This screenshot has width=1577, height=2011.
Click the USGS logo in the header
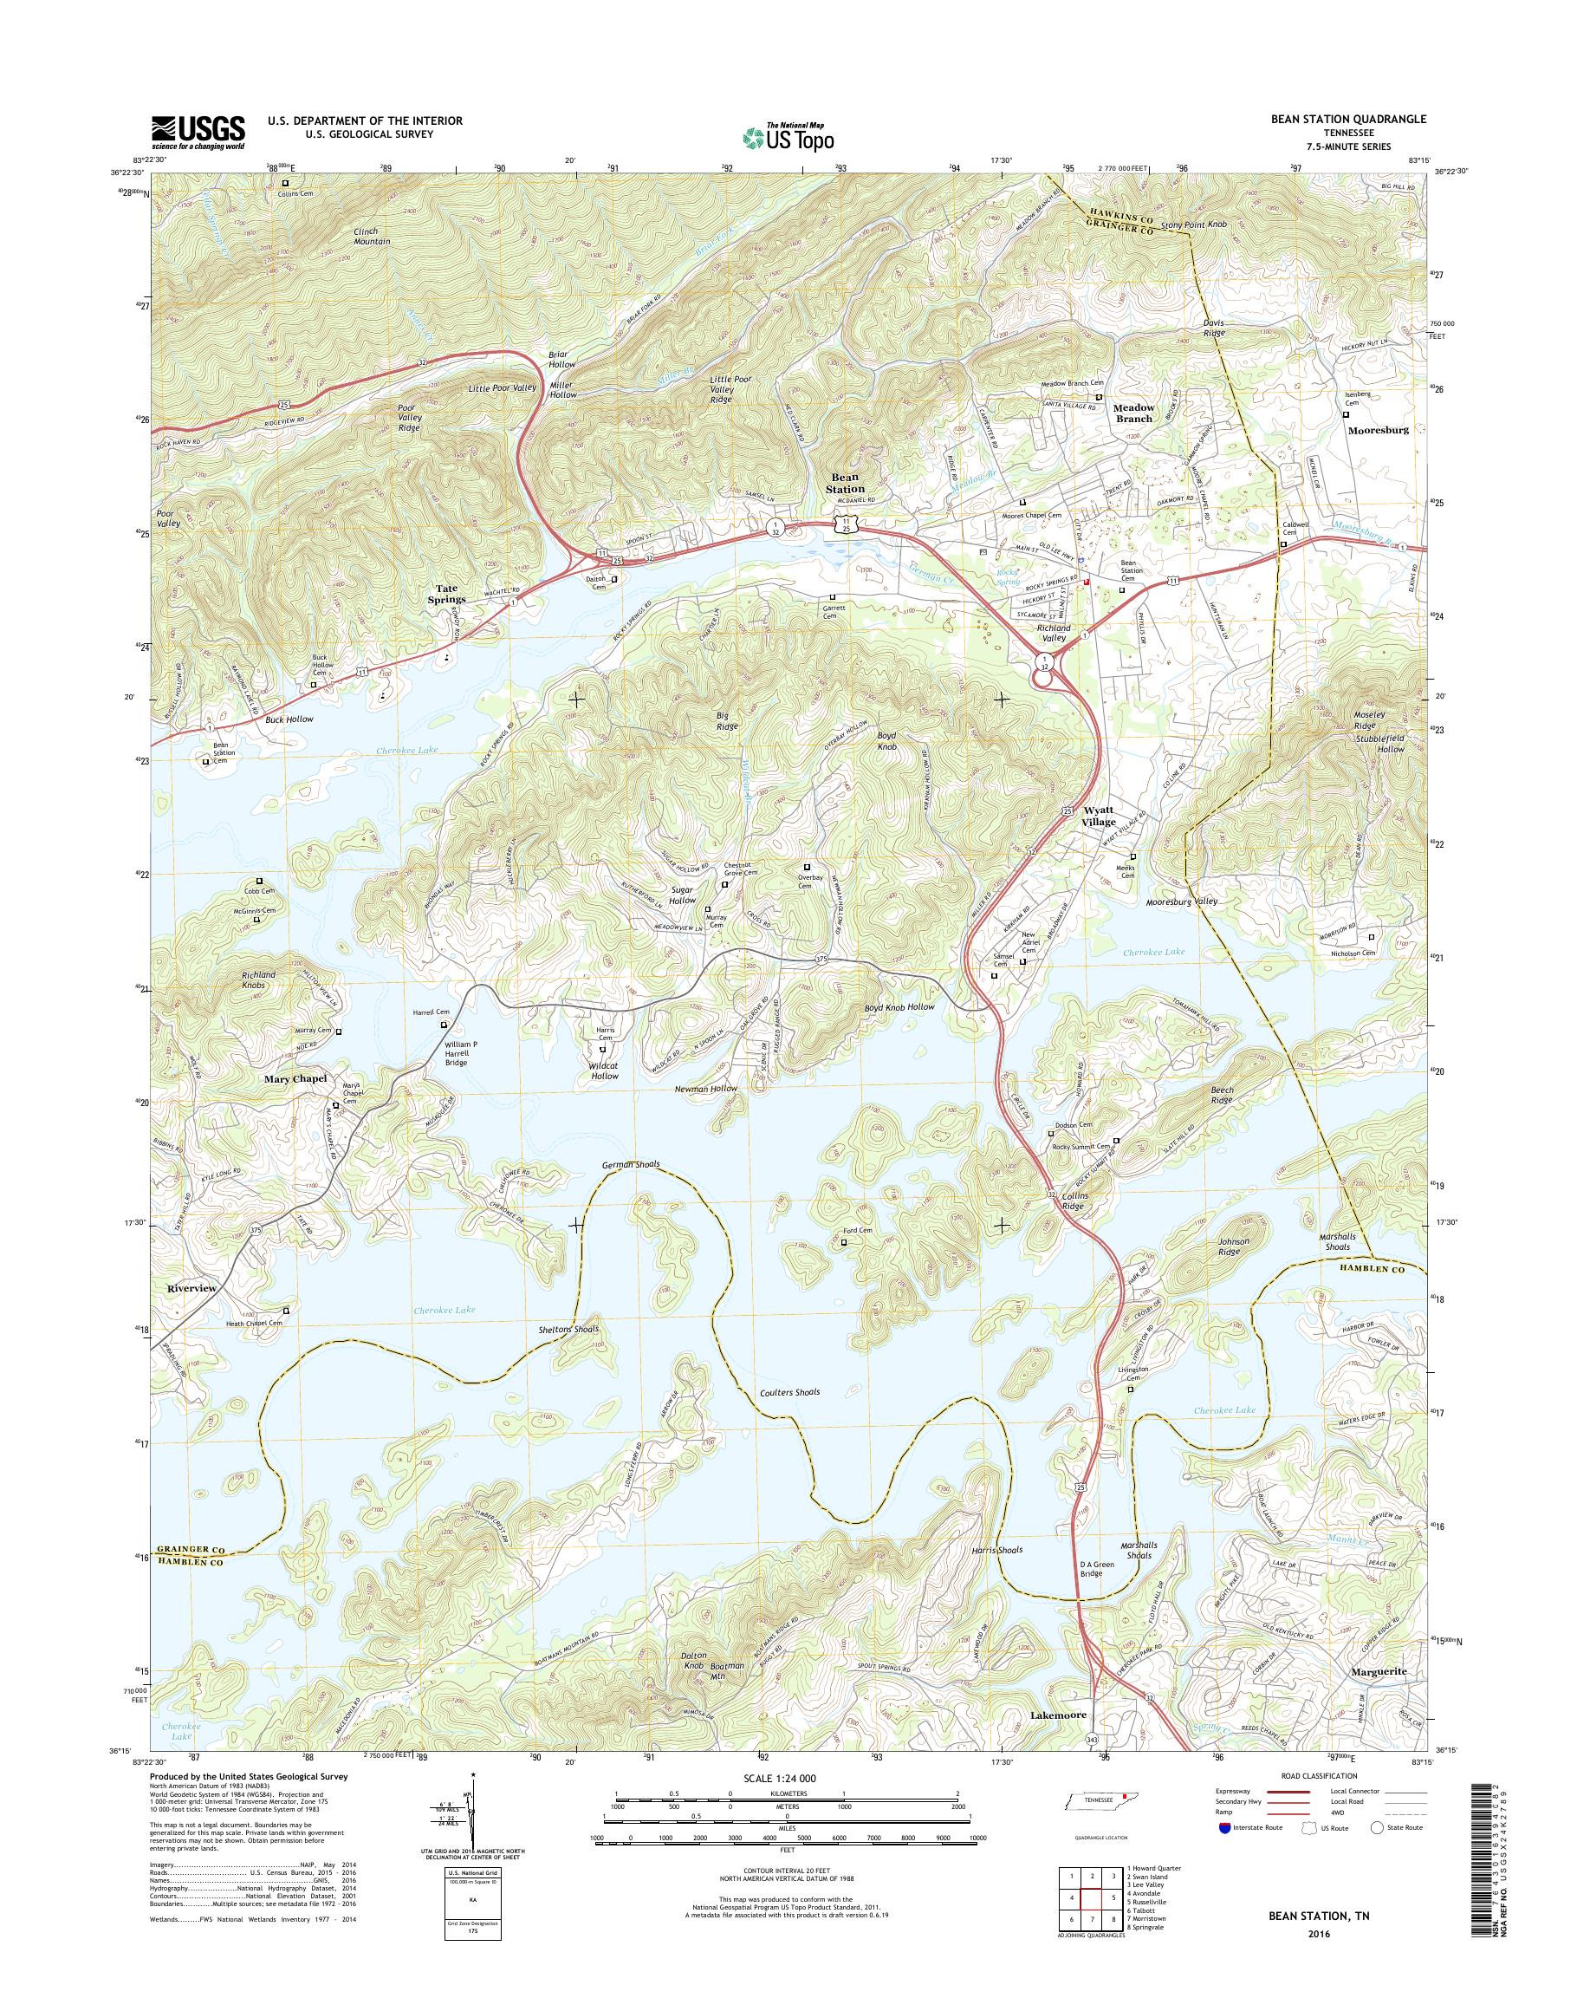pos(198,132)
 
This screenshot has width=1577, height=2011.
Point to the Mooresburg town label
pos(1378,430)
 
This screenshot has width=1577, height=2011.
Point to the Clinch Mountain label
pos(371,236)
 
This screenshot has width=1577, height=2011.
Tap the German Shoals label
pos(631,1165)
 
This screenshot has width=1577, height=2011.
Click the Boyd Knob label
pos(886,741)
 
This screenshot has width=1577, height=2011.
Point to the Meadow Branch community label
pos(1134,413)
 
